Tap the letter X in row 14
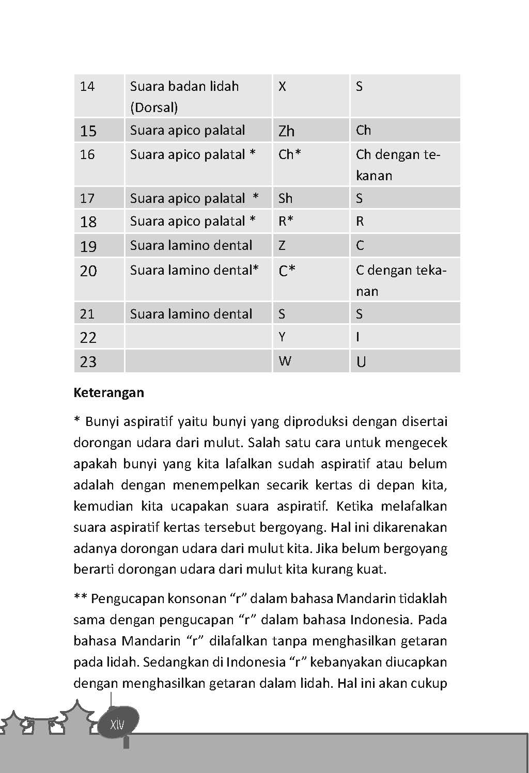(282, 86)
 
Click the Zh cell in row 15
(286, 131)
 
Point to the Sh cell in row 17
(285, 198)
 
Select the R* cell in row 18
(286, 222)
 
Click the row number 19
(88, 246)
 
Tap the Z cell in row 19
(282, 245)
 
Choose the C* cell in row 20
(287, 271)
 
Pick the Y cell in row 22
(282, 337)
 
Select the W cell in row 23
(285, 361)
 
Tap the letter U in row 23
(361, 361)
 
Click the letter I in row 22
(357, 337)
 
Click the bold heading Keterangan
(108, 392)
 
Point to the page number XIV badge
(118, 724)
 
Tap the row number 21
(87, 314)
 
